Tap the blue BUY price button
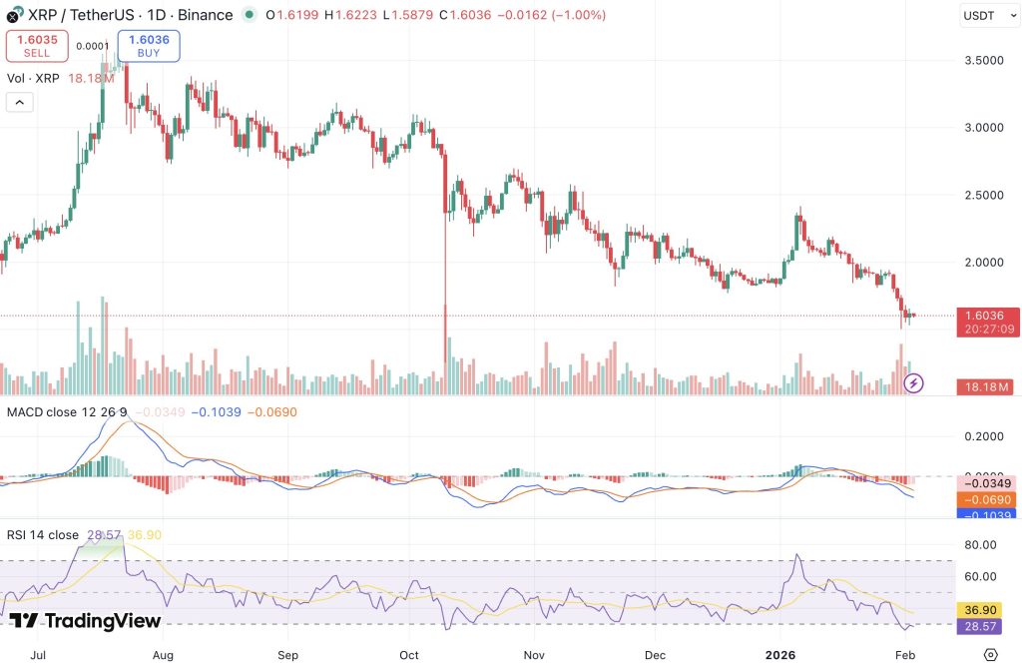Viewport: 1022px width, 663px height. tap(149, 46)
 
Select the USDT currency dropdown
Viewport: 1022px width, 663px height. tap(986, 16)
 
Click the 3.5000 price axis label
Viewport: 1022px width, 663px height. tap(984, 60)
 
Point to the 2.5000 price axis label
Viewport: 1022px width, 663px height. tap(984, 195)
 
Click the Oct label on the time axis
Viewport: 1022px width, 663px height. tap(407, 654)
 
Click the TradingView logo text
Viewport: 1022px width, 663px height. tap(87, 621)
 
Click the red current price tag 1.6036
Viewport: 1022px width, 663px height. tap(984, 315)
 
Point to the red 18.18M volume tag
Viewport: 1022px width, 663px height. tap(984, 386)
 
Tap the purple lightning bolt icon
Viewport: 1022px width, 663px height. tap(914, 382)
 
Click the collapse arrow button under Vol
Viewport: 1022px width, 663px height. tap(19, 102)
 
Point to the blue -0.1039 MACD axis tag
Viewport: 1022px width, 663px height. tap(984, 515)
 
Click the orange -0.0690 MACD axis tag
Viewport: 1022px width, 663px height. tap(984, 498)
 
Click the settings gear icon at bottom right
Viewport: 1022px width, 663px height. tap(990, 654)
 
